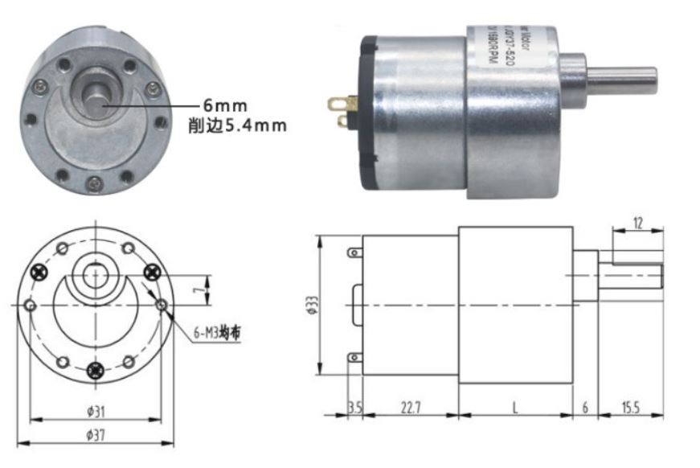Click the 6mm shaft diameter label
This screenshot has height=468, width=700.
tap(225, 105)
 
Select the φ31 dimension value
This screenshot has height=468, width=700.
tap(96, 412)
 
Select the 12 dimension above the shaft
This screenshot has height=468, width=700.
tap(637, 224)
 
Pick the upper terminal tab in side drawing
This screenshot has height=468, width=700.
tap(354, 252)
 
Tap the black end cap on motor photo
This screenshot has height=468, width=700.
tap(368, 113)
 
